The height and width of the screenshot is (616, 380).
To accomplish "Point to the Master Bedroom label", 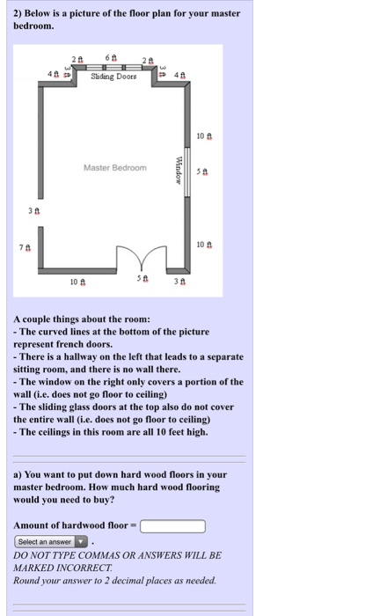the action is [116, 166].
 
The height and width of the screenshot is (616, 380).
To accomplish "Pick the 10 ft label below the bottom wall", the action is [77, 282].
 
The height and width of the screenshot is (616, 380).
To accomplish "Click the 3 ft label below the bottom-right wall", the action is [179, 282].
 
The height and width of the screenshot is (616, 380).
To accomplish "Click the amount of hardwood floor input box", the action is [172, 526].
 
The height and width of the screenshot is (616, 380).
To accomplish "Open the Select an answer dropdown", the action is [52, 541].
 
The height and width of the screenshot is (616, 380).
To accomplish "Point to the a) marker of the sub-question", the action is [18, 474].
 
